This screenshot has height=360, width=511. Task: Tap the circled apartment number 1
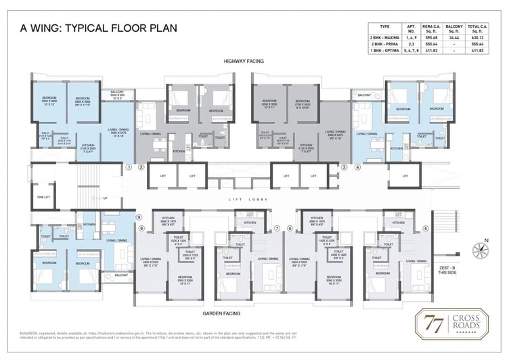[129, 166]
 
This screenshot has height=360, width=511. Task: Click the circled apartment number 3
[344, 166]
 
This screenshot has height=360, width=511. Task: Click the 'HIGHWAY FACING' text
[244, 62]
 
